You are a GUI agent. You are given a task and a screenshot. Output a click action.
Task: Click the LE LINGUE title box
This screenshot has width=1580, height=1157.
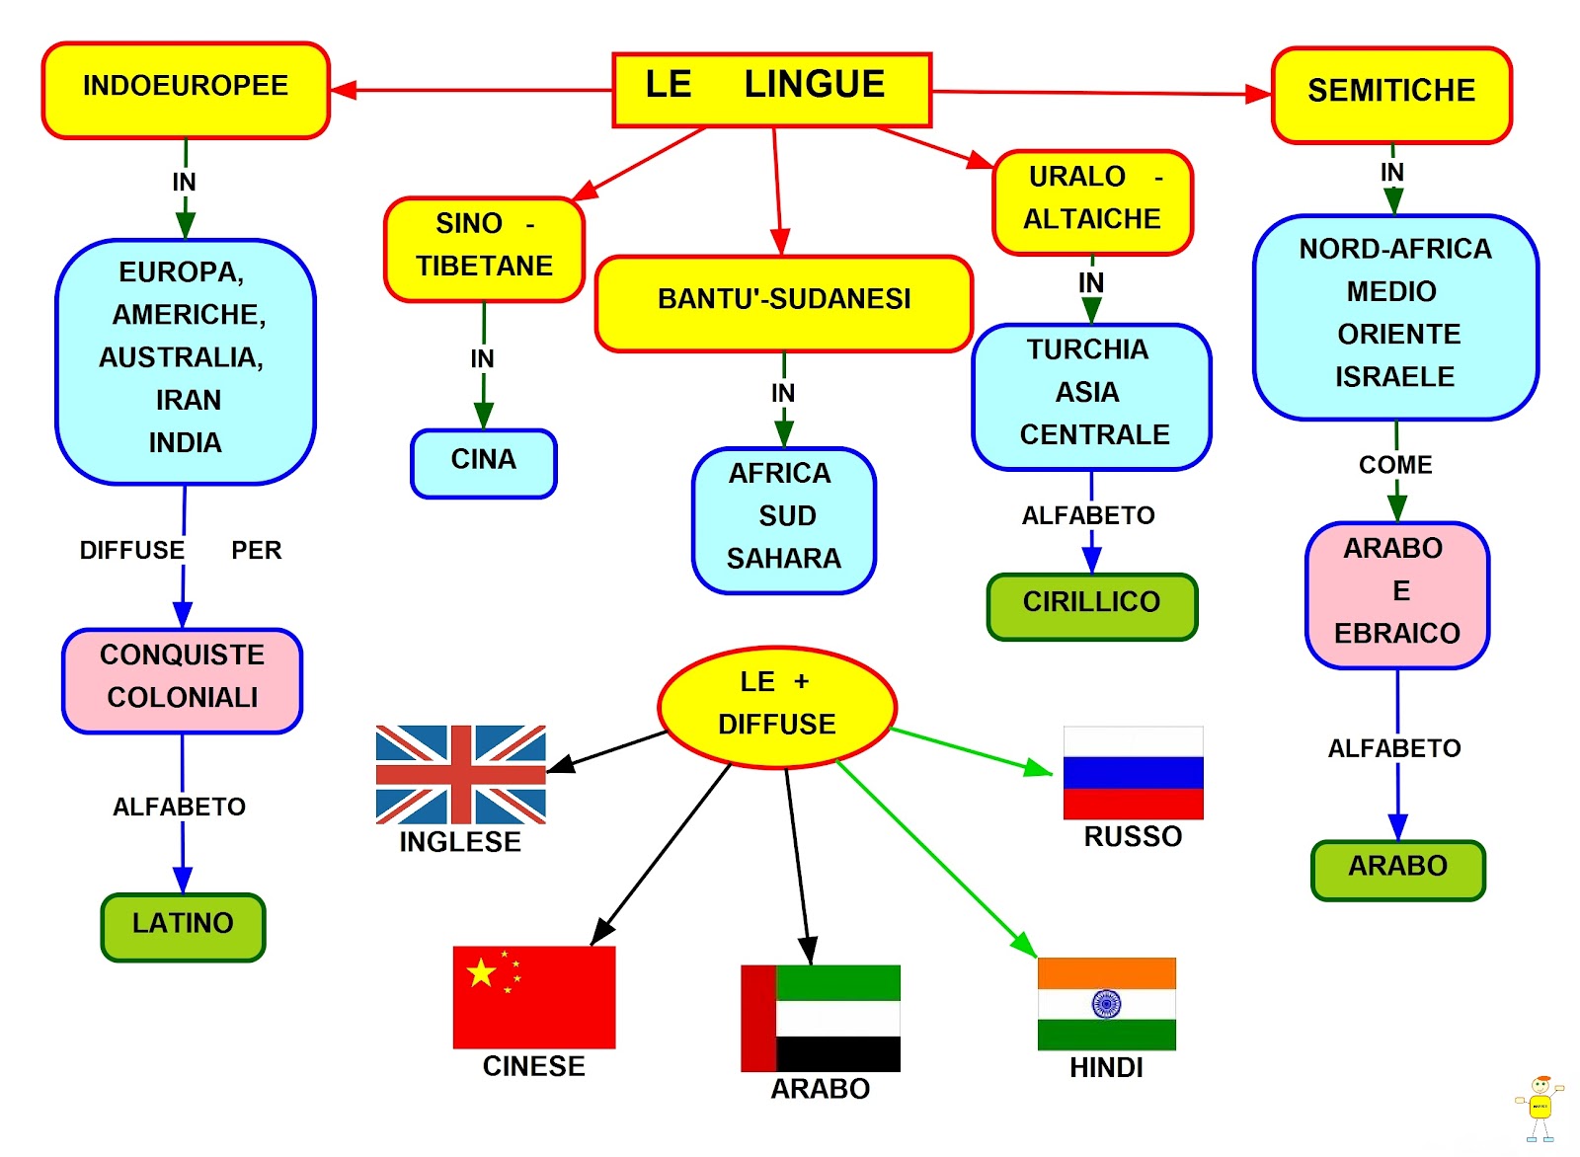[771, 89]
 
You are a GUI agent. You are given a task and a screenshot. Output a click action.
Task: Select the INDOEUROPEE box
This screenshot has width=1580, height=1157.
[186, 90]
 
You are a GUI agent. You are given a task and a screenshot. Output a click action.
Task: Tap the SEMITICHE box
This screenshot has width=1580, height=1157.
[1391, 95]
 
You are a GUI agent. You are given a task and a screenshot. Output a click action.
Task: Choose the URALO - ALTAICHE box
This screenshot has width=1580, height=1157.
[1092, 202]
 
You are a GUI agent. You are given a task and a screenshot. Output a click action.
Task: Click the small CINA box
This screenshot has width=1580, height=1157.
[484, 463]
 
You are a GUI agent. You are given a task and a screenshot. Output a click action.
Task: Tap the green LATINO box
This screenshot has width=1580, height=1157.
[183, 926]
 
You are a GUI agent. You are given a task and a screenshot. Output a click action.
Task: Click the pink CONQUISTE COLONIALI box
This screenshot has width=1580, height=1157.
[183, 680]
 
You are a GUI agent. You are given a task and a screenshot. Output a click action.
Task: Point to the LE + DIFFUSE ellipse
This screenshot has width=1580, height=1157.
[777, 707]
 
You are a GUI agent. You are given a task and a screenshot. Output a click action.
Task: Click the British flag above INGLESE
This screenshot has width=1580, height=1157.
[460, 774]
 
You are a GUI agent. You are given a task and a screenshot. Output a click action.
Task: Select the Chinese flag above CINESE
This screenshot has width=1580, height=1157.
[534, 997]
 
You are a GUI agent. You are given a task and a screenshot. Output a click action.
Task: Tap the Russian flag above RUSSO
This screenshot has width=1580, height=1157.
[1133, 772]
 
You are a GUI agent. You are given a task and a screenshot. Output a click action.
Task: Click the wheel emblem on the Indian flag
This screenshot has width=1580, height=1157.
[1106, 1004]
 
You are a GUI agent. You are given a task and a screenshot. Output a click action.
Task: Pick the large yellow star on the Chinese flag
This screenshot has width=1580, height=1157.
[481, 973]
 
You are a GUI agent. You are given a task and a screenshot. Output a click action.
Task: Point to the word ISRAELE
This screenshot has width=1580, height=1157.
[1394, 377]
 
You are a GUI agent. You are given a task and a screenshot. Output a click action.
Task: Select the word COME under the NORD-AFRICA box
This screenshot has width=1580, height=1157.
[1394, 465]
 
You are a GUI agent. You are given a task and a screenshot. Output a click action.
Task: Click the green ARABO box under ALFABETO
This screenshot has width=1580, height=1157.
[1397, 870]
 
